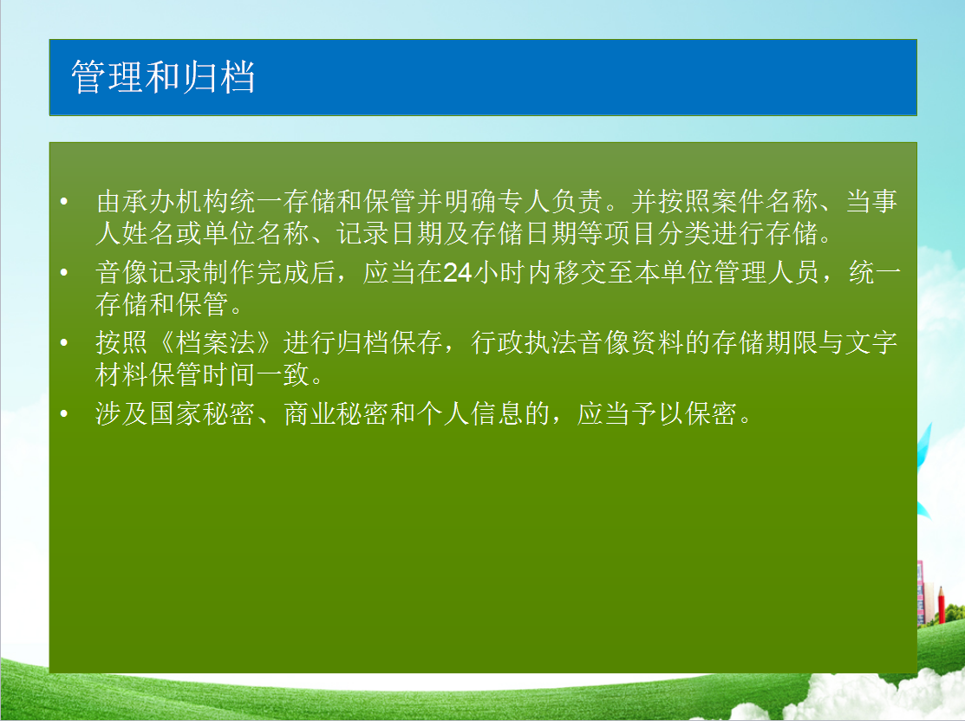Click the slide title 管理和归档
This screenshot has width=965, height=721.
[163, 77]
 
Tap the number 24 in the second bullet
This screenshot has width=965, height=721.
[457, 272]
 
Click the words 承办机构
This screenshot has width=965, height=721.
[175, 202]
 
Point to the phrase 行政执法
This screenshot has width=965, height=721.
[525, 342]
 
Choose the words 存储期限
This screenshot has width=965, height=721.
[765, 342]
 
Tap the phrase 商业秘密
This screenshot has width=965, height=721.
[336, 413]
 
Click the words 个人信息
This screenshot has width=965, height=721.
[470, 413]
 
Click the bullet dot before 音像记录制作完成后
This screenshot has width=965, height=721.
[64, 272]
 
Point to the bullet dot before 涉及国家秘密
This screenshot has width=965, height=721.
[64, 413]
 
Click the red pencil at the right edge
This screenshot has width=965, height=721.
[941, 605]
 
